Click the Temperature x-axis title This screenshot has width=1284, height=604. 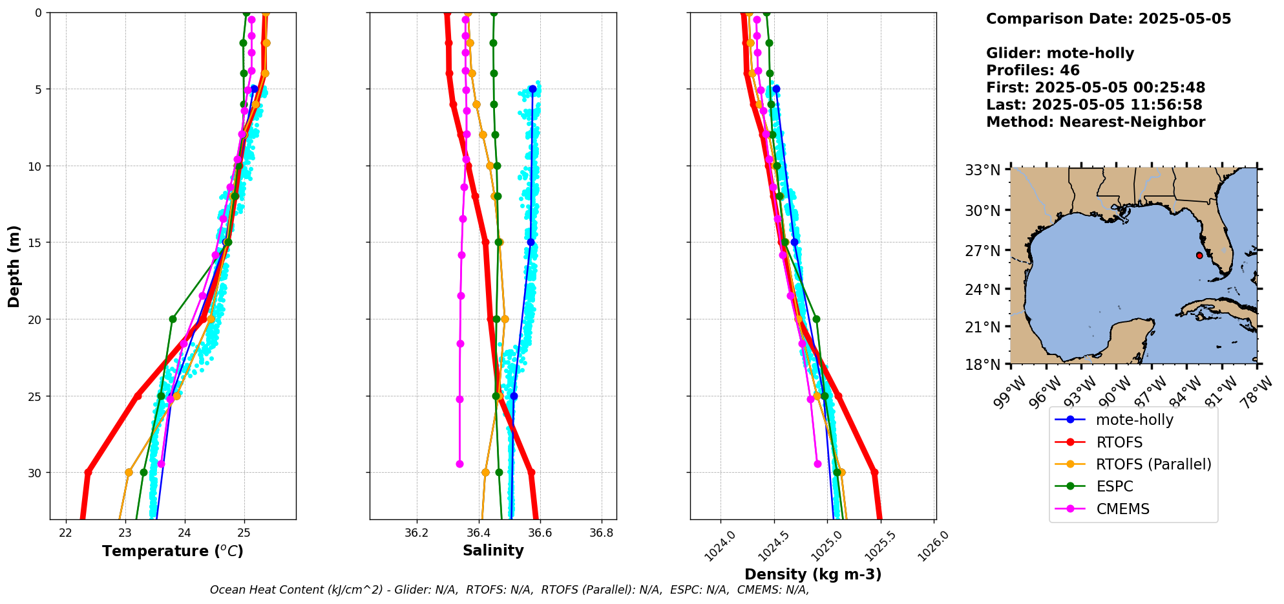[x=173, y=551]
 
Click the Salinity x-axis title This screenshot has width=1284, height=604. [x=493, y=550]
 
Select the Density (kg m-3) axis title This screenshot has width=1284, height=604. [x=813, y=574]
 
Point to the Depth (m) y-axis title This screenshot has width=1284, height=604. [x=14, y=266]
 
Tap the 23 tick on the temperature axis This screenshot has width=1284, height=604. [x=125, y=533]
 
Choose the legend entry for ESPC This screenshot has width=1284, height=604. [x=1114, y=486]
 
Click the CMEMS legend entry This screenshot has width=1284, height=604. [x=1122, y=509]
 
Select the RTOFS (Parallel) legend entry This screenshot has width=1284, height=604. [x=1153, y=464]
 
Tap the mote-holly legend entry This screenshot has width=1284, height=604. [x=1134, y=420]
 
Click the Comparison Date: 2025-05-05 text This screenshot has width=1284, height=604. [x=1108, y=19]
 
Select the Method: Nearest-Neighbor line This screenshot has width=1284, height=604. [x=1095, y=122]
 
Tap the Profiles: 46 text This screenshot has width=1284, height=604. [x=1033, y=70]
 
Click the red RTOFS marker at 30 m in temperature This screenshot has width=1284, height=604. [x=88, y=472]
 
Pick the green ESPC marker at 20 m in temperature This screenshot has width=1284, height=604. [x=173, y=319]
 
